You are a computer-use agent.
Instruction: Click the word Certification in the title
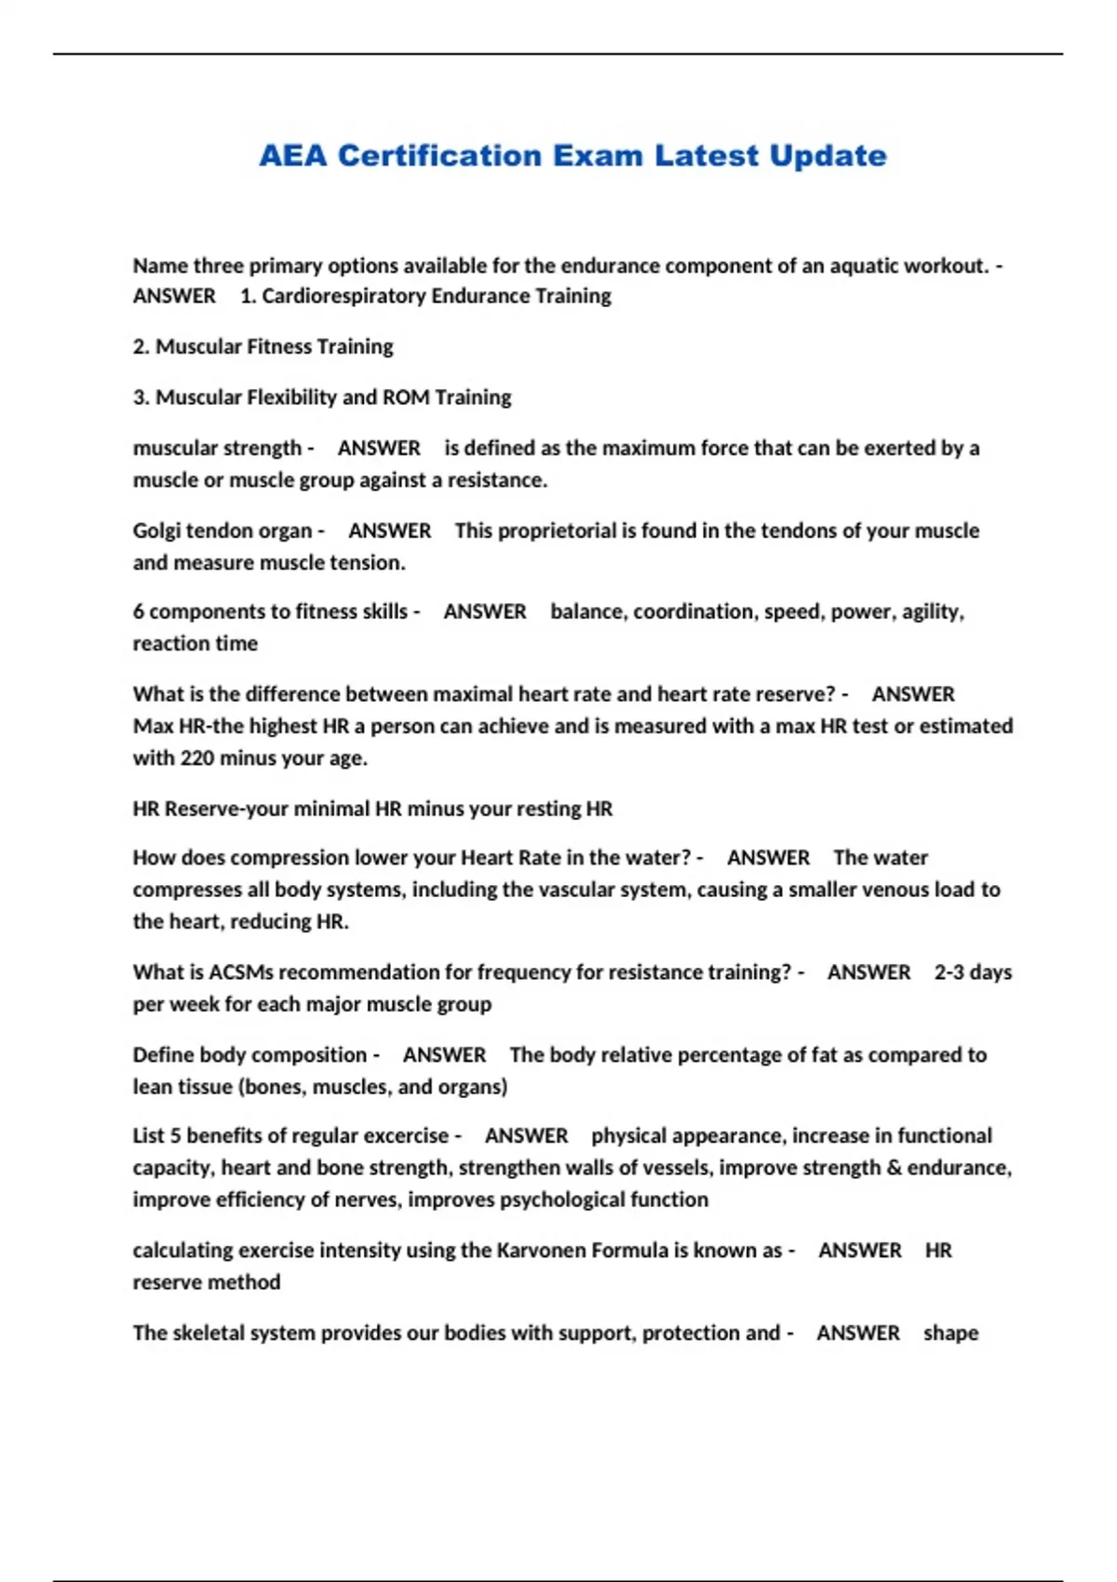(x=438, y=155)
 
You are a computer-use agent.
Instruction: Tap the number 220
(x=197, y=758)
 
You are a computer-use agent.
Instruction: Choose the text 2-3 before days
(x=949, y=972)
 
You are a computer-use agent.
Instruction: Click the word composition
(x=310, y=1055)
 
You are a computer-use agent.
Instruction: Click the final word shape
(x=950, y=1334)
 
